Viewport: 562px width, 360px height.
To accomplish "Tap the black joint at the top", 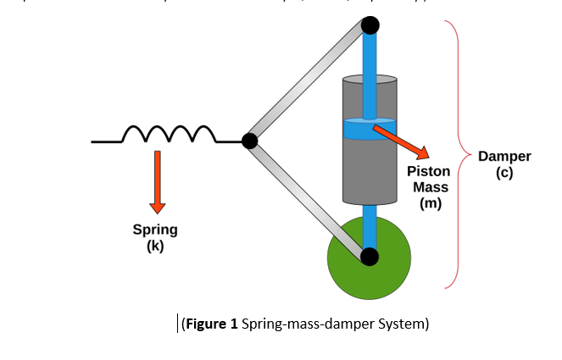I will [x=370, y=25].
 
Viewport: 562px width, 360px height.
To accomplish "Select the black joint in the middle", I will [x=249, y=141].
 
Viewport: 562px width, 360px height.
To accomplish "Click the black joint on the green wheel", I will [x=370, y=256].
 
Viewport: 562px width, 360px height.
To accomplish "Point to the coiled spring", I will [x=170, y=135].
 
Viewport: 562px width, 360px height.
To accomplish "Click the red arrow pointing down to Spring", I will [x=157, y=181].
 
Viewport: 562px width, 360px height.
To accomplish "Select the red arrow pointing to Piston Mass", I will [x=399, y=141].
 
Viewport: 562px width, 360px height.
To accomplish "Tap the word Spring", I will [x=155, y=230].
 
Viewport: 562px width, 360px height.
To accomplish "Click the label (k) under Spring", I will [x=155, y=246].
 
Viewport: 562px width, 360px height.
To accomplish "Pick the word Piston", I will [x=431, y=172].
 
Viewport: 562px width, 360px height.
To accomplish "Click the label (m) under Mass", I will [x=431, y=203].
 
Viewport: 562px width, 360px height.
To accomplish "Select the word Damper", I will [x=504, y=157].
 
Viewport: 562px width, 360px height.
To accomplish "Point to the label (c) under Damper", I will [x=504, y=172].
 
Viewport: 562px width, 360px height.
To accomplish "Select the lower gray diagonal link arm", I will [x=309, y=199].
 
